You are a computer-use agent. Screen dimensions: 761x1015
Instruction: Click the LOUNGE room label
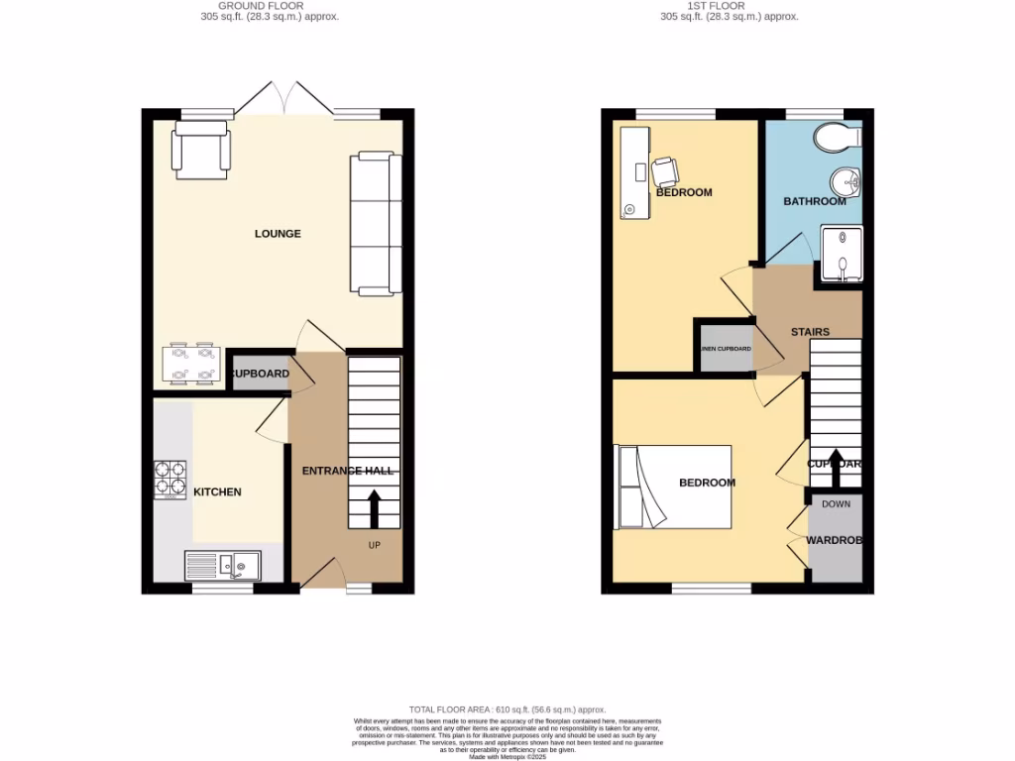click(x=278, y=234)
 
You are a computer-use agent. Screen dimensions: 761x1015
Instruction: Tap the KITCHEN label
click(x=217, y=491)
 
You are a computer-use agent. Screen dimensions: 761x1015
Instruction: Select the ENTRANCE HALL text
click(x=348, y=470)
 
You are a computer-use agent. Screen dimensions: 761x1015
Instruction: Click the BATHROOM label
click(x=815, y=201)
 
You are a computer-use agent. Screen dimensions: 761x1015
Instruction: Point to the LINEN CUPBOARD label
click(x=727, y=349)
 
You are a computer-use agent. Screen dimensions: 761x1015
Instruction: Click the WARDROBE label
click(x=833, y=541)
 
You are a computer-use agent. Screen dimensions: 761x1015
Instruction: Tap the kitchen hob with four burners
click(x=169, y=479)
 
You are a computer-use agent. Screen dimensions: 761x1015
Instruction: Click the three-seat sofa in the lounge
click(x=376, y=224)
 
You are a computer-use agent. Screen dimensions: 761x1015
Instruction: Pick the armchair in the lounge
click(x=201, y=151)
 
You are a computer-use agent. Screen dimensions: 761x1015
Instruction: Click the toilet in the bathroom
click(x=839, y=138)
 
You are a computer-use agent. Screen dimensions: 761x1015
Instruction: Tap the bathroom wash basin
click(x=846, y=182)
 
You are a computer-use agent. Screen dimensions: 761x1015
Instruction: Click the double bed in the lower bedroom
click(x=674, y=487)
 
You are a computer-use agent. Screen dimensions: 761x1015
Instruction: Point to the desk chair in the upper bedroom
click(x=664, y=171)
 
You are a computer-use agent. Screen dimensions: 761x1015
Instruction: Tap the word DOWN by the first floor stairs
click(x=836, y=504)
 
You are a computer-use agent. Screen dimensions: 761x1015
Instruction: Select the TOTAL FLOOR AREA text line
click(x=507, y=709)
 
